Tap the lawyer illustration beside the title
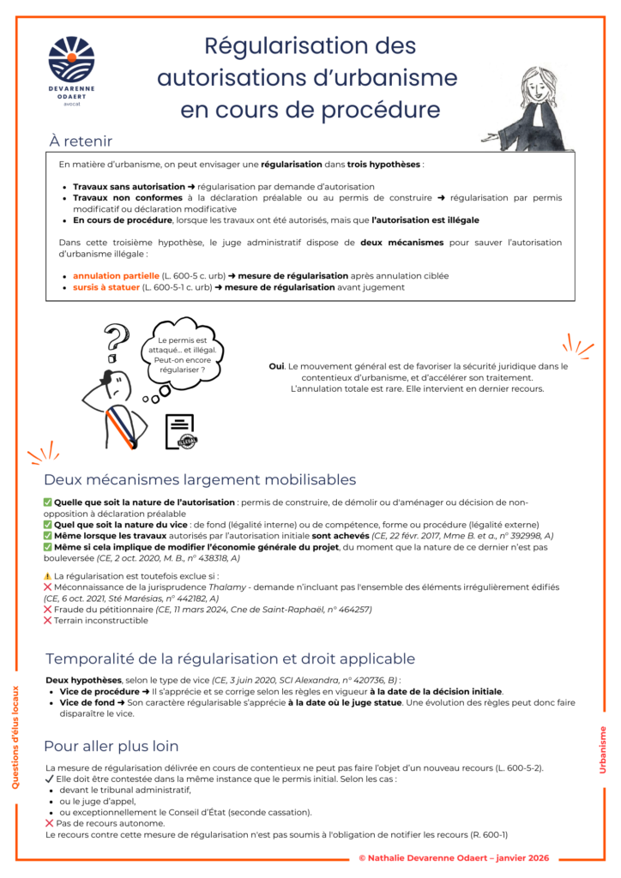[x=538, y=108]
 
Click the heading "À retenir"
[x=81, y=141]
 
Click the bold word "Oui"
[x=276, y=366]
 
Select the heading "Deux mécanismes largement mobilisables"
[x=200, y=479]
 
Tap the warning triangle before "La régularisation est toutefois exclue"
[x=48, y=576]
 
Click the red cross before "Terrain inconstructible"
[x=48, y=621]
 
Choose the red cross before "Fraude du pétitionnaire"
[x=48, y=610]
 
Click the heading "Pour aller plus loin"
[x=112, y=746]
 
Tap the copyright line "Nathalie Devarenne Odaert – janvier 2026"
[x=454, y=858]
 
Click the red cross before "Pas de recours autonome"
[x=49, y=823]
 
